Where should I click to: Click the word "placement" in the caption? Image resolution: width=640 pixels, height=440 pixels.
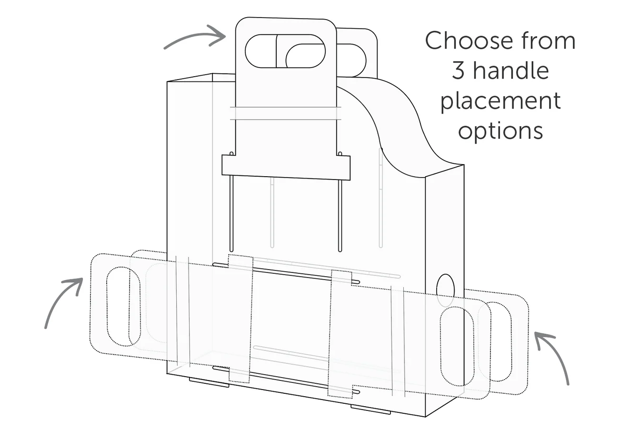500,101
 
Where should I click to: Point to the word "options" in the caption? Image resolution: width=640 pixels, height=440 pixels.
500,130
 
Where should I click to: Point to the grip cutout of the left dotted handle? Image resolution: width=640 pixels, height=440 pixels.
123,306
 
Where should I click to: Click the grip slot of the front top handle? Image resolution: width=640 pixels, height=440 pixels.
285,51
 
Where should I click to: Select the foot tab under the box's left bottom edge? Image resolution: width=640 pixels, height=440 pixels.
209,382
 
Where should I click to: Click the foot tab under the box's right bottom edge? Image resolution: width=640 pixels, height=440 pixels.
370,409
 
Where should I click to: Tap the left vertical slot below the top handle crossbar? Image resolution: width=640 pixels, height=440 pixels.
231,214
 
